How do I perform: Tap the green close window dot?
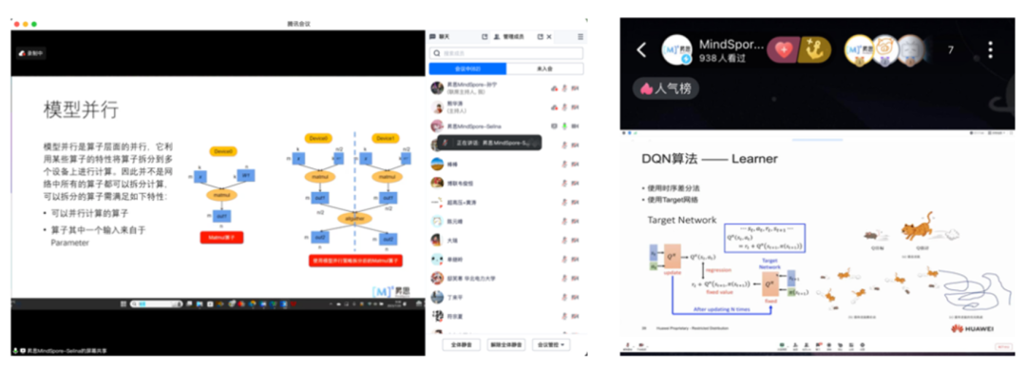pyautogui.click(x=34, y=23)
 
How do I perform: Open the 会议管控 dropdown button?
pyautogui.click(x=552, y=343)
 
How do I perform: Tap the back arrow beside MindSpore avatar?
pyautogui.click(x=641, y=49)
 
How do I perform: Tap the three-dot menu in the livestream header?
pyautogui.click(x=991, y=49)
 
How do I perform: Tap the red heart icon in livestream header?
pyautogui.click(x=785, y=49)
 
